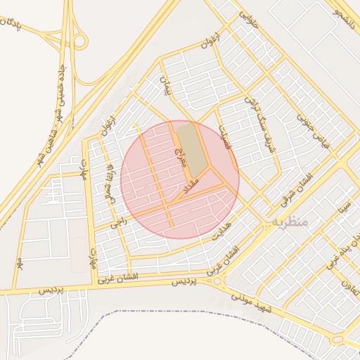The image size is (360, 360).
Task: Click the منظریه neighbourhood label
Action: (289, 221)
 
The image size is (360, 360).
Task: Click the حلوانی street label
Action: (249, 19)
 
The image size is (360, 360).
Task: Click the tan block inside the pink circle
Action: (192, 148)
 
